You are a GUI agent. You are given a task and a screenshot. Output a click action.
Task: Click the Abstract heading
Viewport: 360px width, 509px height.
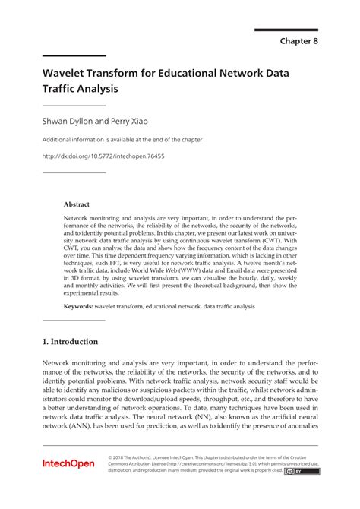pyautogui.click(x=77, y=204)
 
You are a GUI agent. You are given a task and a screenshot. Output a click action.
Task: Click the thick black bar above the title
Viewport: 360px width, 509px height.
pyautogui.click(x=74, y=56)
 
